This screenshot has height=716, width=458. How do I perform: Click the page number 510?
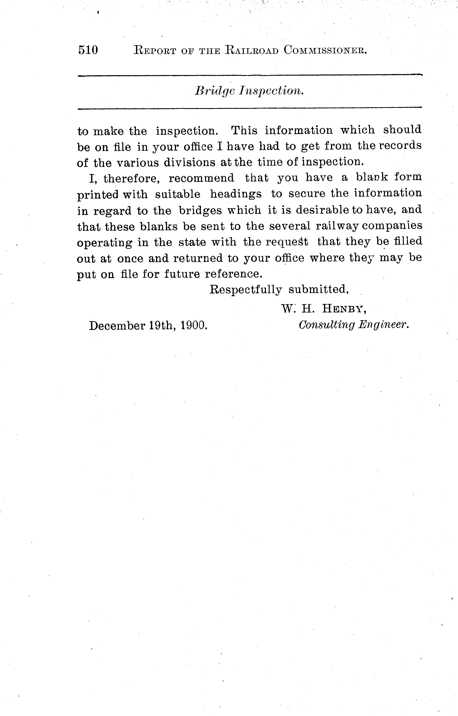(x=88, y=50)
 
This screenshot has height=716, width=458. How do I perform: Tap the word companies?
(x=392, y=226)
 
